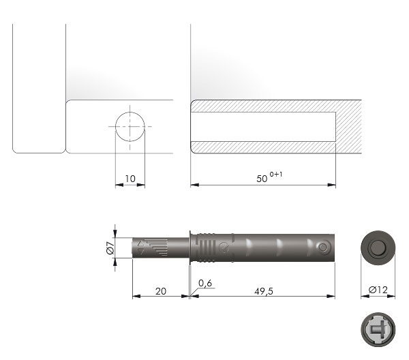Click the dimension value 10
click(x=130, y=179)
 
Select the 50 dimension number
click(x=262, y=179)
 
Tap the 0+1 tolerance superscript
click(x=276, y=175)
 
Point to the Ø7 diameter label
click(x=110, y=247)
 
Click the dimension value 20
click(x=161, y=291)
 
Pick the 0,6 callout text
click(x=205, y=283)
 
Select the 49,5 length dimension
click(x=264, y=291)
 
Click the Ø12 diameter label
click(x=378, y=290)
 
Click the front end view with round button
click(x=378, y=247)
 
